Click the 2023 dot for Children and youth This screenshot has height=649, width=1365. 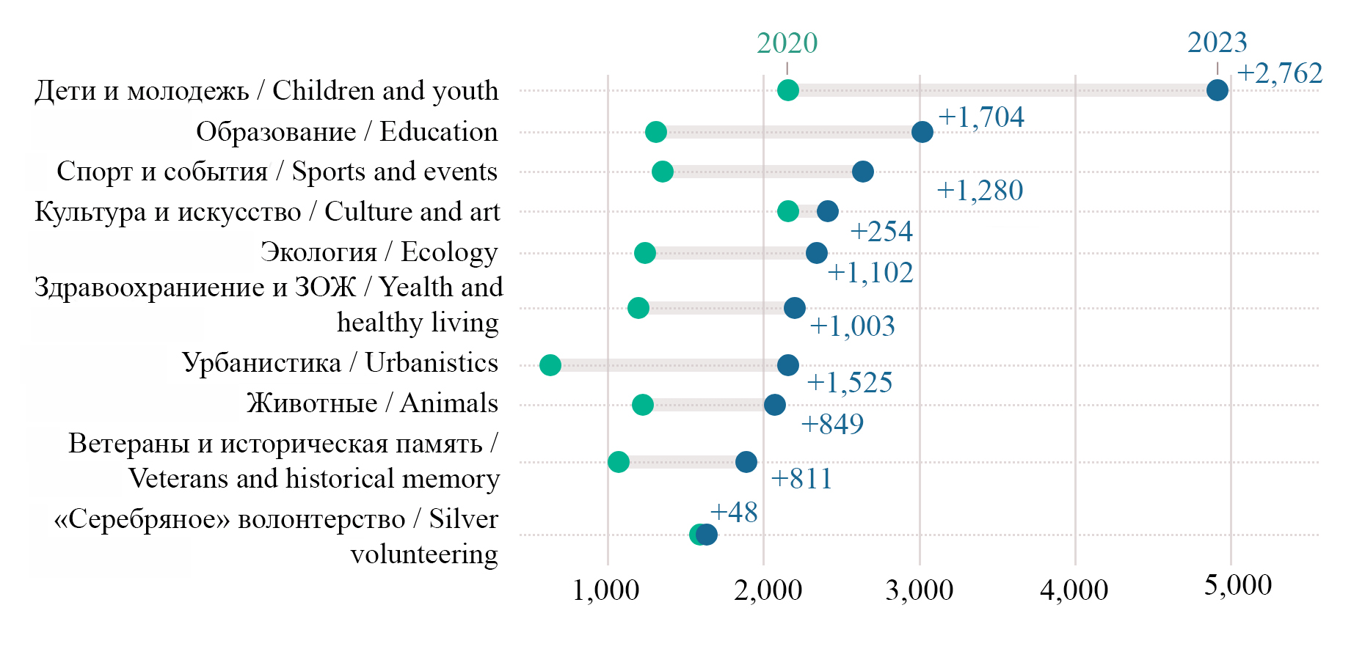coord(1217,90)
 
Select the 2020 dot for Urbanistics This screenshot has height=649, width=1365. coord(550,364)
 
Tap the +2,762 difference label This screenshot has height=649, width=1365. coord(1279,73)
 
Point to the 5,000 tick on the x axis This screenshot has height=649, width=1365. coord(1237,586)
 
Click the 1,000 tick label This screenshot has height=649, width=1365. coord(605,590)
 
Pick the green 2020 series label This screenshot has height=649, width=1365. coord(787,43)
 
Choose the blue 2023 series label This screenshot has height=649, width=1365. coord(1217,43)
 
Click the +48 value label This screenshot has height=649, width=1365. coord(733,512)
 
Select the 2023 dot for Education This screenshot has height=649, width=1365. coord(922,132)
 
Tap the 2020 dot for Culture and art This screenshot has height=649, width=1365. coord(787,211)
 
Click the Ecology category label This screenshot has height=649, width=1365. coord(379,252)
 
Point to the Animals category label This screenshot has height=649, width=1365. coord(372,403)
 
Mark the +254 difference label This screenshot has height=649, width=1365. coord(881,232)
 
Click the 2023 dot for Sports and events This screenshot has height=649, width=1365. coord(862,172)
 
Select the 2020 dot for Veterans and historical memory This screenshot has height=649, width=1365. coord(618,462)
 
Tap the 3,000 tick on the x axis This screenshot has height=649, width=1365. coord(919,590)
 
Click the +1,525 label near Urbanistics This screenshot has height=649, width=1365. coord(849,383)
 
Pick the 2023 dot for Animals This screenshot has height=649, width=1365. coord(774,405)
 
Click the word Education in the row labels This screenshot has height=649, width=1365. coord(438,132)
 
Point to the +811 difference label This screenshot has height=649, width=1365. coord(801,479)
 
